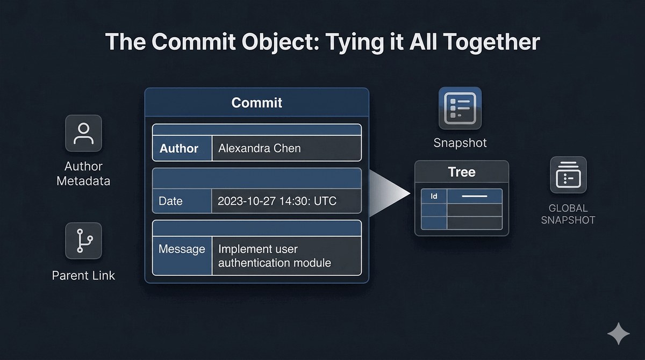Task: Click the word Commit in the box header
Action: (x=256, y=103)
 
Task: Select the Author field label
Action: (x=179, y=148)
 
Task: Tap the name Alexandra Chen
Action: (x=260, y=148)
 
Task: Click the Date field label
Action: (x=170, y=201)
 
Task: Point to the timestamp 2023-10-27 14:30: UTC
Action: (x=277, y=201)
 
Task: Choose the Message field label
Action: (x=182, y=249)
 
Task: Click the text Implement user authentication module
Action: (x=275, y=256)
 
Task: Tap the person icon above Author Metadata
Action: (x=83, y=133)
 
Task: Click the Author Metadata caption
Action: (x=83, y=174)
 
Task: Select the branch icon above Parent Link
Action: (x=83, y=241)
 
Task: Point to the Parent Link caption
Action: (x=83, y=276)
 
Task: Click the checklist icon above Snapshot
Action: (x=460, y=108)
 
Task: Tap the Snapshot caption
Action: (x=460, y=143)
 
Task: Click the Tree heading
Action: (x=462, y=172)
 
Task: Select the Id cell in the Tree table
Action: (x=434, y=196)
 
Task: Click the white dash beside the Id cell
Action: (x=475, y=196)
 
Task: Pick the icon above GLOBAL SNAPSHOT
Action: (x=568, y=175)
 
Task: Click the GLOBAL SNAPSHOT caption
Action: (x=568, y=214)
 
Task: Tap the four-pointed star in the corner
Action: (x=619, y=334)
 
